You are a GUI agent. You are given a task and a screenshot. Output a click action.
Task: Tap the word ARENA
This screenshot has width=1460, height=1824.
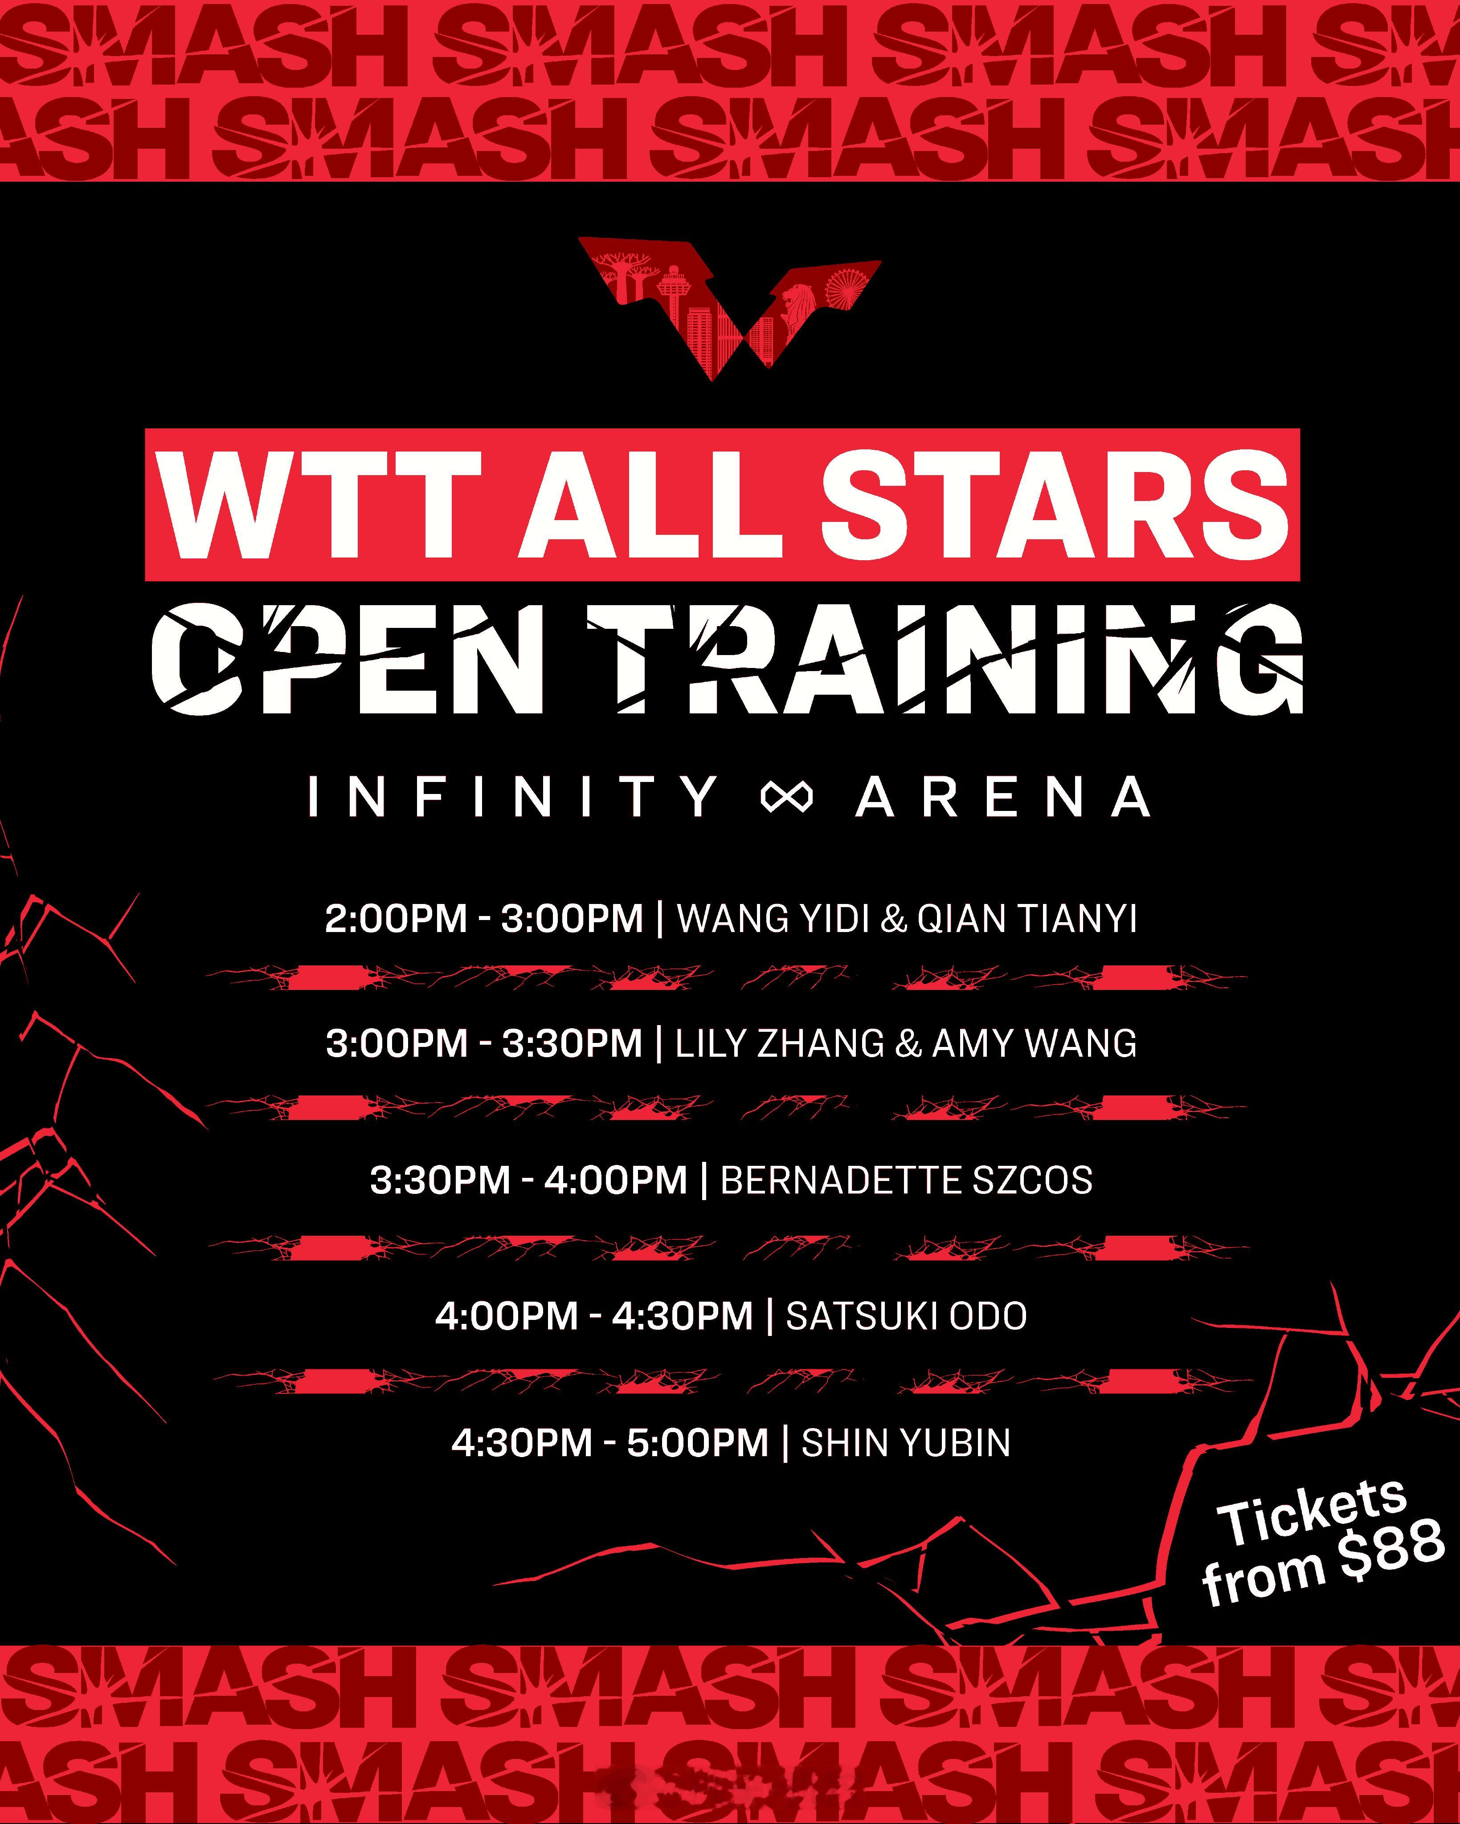click(1003, 797)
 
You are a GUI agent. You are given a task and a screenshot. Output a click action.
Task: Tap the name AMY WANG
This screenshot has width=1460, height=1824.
click(1034, 1043)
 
